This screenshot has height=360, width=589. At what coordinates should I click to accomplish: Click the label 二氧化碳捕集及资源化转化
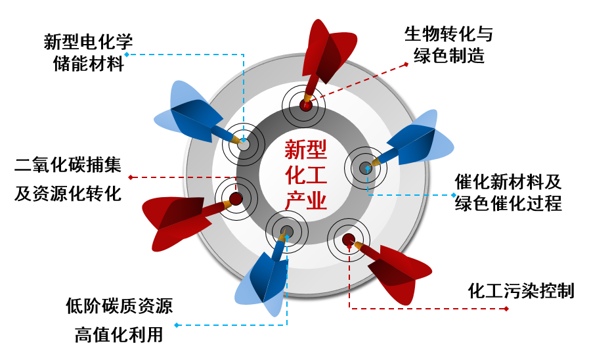(68, 179)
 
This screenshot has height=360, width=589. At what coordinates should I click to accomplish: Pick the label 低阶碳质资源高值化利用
(119, 320)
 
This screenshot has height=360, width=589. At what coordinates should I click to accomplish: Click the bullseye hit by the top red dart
(305, 104)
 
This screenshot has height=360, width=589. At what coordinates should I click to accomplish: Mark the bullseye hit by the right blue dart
(365, 168)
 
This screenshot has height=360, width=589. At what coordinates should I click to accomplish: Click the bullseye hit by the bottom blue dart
(286, 232)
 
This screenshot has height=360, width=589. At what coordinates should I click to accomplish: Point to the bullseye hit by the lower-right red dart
(348, 240)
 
